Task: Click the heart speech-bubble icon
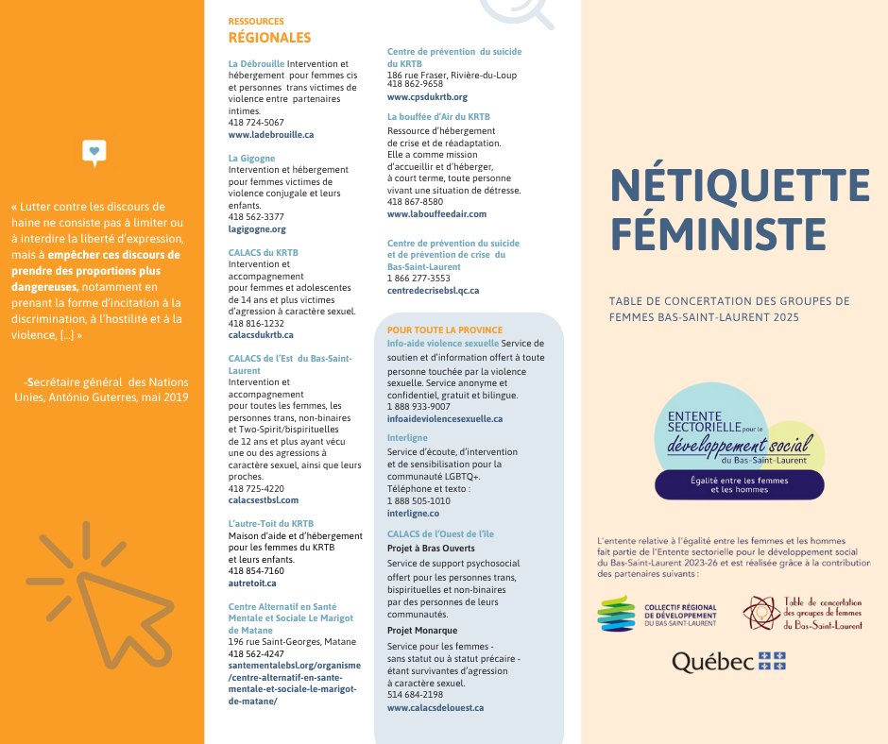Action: point(94,151)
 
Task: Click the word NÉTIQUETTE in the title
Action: point(739,185)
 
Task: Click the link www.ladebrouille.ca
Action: point(271,135)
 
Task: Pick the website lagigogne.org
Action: point(257,229)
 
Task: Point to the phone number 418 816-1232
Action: point(256,323)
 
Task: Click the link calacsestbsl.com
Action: point(264,500)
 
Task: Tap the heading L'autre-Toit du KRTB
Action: point(271,523)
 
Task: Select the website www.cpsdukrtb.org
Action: point(427,97)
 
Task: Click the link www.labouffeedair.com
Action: point(436,214)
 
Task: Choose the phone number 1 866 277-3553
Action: point(418,279)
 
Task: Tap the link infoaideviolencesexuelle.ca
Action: point(445,418)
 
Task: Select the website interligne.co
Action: point(413,514)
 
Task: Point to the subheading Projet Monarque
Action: point(422,631)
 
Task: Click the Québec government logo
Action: point(728,662)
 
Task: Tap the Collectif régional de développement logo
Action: point(657,614)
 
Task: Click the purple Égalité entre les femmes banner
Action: point(739,484)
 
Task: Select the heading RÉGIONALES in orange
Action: point(269,38)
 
